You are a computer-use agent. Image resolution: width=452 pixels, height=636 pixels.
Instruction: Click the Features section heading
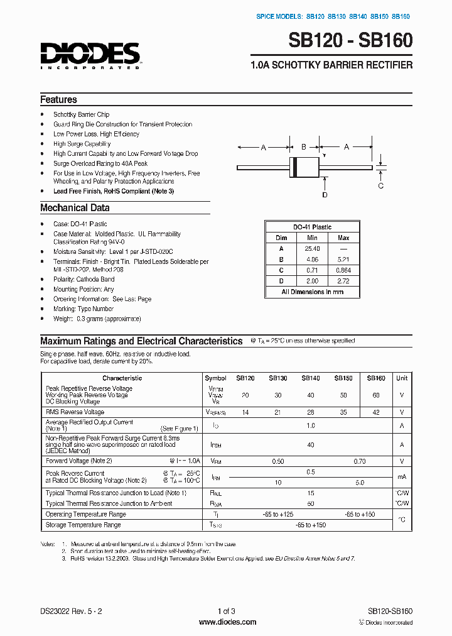[58, 99]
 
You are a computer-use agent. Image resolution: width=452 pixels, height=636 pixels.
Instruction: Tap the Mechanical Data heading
[75, 207]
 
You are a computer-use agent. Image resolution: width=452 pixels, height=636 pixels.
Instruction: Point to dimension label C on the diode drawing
[380, 185]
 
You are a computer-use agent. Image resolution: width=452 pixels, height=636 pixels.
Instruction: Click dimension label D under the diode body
[325, 195]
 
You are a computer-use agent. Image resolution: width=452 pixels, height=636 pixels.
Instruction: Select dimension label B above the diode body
[303, 146]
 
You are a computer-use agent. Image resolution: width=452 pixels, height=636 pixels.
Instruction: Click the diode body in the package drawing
[303, 168]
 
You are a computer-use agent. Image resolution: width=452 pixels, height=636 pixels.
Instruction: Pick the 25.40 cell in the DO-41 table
[312, 248]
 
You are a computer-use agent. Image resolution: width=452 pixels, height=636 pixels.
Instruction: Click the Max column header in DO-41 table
[343, 238]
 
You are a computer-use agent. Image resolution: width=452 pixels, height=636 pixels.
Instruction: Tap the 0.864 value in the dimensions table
[343, 270]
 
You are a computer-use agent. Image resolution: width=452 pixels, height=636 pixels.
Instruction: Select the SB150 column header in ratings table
[343, 378]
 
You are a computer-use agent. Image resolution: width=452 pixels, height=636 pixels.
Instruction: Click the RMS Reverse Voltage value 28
[311, 412]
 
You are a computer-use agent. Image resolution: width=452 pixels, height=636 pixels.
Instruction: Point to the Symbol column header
[215, 378]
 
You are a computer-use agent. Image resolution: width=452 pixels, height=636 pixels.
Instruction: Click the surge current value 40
[311, 444]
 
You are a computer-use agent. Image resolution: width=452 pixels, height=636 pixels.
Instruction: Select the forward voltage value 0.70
[360, 461]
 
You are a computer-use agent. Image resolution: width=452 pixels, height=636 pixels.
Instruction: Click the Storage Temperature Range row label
[83, 524]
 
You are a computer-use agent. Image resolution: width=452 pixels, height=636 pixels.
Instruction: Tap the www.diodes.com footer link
[227, 622]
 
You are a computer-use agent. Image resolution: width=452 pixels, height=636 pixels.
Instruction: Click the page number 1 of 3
[226, 611]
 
